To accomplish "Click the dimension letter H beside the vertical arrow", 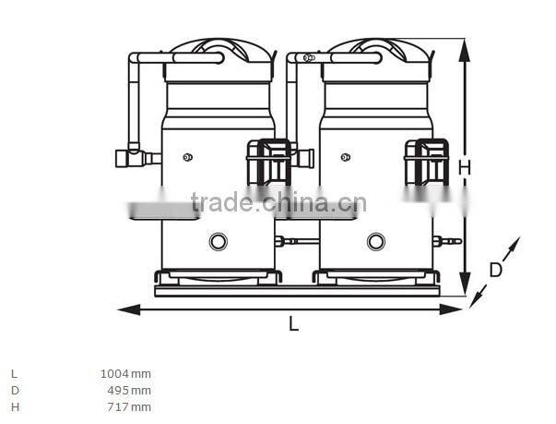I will click(x=465, y=168).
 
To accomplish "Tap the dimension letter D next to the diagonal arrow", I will click(x=495, y=271).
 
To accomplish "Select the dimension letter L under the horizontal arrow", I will click(x=293, y=324).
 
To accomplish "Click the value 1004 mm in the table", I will click(x=125, y=374).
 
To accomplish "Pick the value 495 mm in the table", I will click(x=129, y=390).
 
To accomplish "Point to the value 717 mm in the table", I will click(x=129, y=406).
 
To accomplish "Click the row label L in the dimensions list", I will click(x=14, y=374).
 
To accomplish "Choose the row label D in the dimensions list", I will click(x=14, y=390).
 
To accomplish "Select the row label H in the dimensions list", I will click(x=14, y=406).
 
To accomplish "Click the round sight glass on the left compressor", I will click(x=219, y=241).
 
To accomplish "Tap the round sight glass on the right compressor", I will click(x=375, y=241).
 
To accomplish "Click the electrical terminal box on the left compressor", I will click(x=268, y=163).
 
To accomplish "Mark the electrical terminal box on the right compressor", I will click(x=427, y=163).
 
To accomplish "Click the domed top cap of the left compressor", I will click(x=219, y=51).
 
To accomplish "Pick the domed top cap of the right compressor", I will click(x=376, y=51).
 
